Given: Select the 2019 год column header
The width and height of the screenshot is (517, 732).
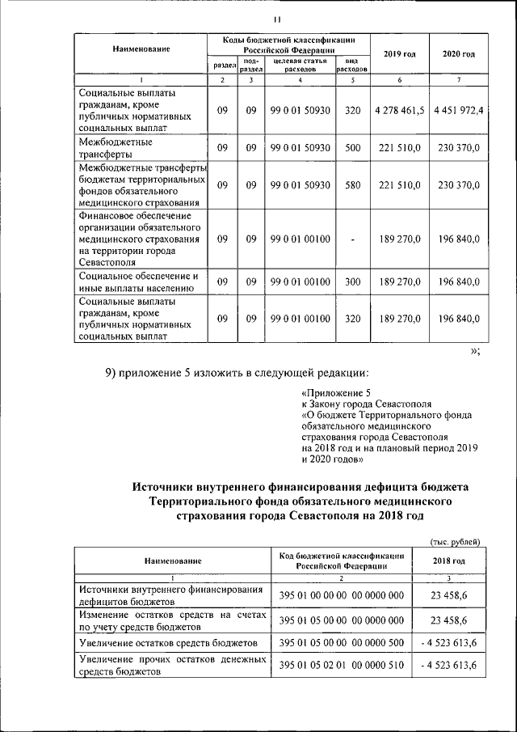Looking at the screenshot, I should [399, 53].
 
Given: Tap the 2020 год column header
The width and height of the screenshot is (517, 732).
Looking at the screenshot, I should [458, 53].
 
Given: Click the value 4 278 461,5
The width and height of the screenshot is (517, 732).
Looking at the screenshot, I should [399, 111].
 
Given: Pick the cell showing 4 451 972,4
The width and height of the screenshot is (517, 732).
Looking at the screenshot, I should [458, 111].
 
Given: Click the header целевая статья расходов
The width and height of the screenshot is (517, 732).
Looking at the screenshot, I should [300, 65].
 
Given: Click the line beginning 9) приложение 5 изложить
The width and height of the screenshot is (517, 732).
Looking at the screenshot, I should [236, 373].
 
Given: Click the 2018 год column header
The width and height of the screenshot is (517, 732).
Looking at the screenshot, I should [448, 560].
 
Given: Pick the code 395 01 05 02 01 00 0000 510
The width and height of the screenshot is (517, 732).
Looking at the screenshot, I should [341, 664].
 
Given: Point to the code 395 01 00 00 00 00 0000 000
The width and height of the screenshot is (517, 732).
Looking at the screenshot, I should [341, 595].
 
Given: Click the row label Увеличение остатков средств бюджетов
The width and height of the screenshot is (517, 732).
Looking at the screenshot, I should [168, 642].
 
